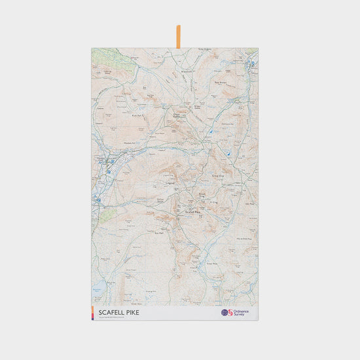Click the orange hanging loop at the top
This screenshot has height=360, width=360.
[x=178, y=37]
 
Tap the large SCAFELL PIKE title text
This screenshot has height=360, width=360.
[x=118, y=312]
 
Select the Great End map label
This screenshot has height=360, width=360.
[x=217, y=175]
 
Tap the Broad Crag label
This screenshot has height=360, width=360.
[x=202, y=194]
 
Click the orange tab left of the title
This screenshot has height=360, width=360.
[x=94, y=312]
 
